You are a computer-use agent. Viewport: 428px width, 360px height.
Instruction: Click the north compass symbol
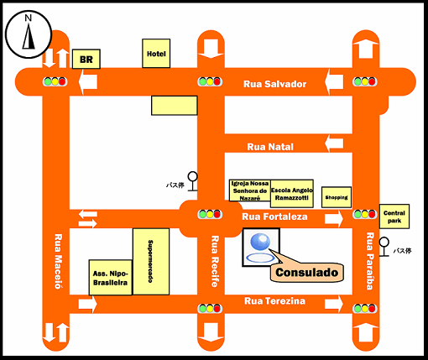click(x=29, y=34)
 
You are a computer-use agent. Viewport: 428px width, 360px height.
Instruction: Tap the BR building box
click(x=86, y=59)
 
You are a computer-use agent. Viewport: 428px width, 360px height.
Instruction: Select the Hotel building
click(x=156, y=54)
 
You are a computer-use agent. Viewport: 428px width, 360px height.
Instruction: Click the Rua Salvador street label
click(x=274, y=84)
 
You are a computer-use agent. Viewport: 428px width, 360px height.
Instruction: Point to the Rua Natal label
click(x=270, y=147)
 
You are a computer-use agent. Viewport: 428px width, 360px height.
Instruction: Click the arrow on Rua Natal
click(x=334, y=143)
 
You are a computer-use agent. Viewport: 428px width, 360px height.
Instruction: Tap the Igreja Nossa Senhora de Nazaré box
click(x=250, y=190)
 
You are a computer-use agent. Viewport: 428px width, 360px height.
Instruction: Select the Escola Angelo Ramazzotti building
click(x=292, y=194)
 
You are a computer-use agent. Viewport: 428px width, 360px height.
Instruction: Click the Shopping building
click(x=337, y=197)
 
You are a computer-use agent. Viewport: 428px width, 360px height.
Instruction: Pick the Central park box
click(x=394, y=217)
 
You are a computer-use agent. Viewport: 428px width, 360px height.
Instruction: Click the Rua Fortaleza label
click(x=274, y=217)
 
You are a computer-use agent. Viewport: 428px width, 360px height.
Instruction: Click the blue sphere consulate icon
click(x=260, y=242)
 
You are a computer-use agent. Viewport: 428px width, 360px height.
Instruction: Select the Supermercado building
click(x=151, y=262)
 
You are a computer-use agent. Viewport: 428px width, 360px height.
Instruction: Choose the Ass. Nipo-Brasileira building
click(x=111, y=278)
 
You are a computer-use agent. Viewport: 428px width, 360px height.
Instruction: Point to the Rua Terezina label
click(x=274, y=301)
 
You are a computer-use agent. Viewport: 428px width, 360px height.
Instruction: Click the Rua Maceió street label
click(x=58, y=261)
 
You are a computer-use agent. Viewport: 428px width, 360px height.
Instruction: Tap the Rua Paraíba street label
click(x=370, y=261)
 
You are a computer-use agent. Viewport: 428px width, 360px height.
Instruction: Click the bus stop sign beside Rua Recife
click(x=192, y=181)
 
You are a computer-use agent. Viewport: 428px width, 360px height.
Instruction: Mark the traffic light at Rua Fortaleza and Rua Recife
click(x=210, y=214)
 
